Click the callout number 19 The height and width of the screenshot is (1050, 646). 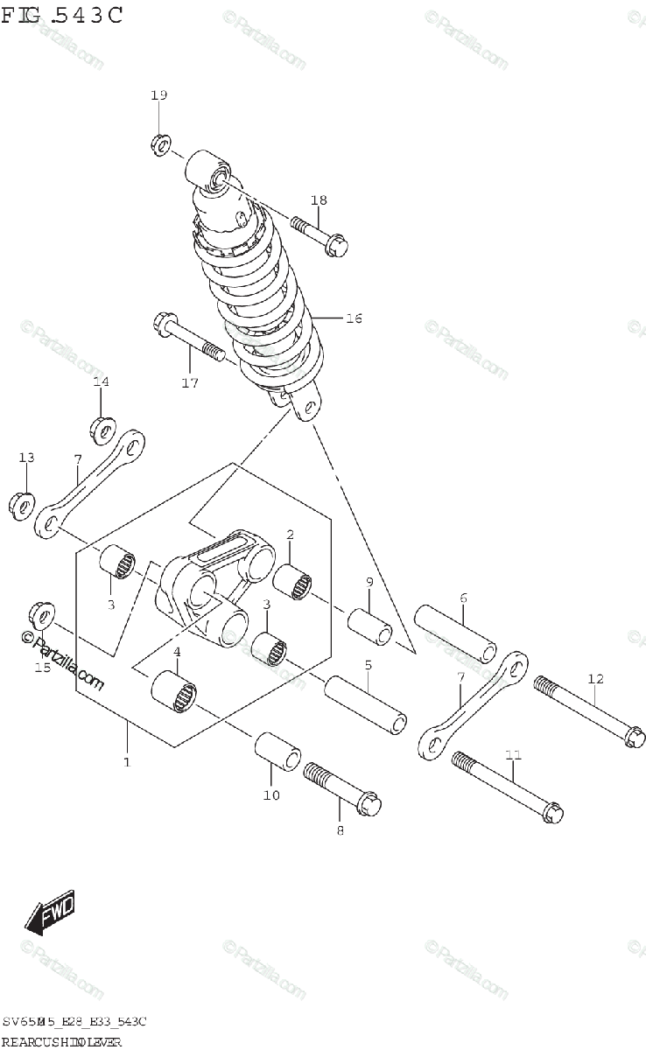click(158, 95)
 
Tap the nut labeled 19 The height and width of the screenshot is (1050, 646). click(160, 144)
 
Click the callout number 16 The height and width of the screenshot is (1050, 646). click(353, 318)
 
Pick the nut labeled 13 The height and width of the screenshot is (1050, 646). click(21, 505)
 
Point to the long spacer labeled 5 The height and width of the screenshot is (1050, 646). click(367, 702)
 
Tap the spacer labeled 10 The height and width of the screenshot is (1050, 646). click(277, 752)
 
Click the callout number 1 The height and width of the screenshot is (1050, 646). click(127, 762)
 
